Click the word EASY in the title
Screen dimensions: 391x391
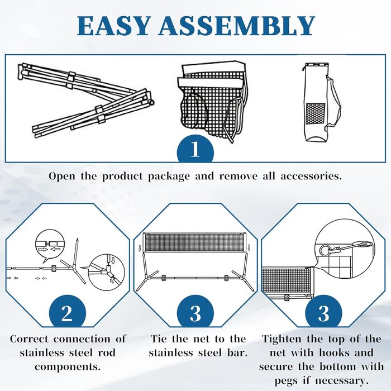[x=113, y=26]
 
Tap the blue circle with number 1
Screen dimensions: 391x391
[x=195, y=149]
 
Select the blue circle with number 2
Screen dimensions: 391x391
[x=68, y=312]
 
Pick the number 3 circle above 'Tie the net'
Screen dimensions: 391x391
[x=195, y=312]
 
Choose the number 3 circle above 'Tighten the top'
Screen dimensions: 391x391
[x=323, y=312]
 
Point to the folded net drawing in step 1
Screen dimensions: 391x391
[x=212, y=101]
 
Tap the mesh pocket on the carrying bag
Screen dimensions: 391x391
[x=316, y=113]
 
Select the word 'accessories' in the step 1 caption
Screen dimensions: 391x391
[x=311, y=177]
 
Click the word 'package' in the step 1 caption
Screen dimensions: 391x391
[x=169, y=177]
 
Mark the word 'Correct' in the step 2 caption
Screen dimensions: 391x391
[x=29, y=339]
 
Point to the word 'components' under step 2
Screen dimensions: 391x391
[x=68, y=367]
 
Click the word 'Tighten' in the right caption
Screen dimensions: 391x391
[x=282, y=340]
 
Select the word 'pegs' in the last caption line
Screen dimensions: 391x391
[x=286, y=382]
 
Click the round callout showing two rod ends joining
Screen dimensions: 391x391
[x=50, y=244]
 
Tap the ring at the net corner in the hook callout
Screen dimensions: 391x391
[x=325, y=250]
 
